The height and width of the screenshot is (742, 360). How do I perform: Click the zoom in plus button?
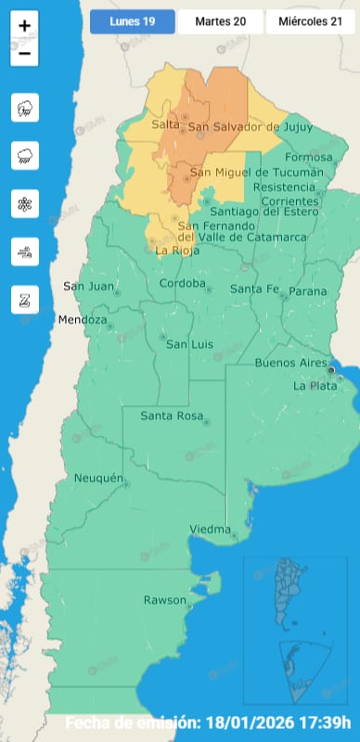coord(24,26)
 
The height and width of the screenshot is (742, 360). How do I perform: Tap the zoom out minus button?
coord(24,54)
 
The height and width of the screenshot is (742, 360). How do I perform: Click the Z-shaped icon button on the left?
coord(24,300)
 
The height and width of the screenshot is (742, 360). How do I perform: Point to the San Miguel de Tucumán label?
coord(257,173)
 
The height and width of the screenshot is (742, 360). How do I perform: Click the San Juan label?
coord(88,286)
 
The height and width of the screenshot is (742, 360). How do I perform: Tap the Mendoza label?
coord(83,320)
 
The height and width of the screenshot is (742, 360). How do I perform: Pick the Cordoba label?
coord(182,283)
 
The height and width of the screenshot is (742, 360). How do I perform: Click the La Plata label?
coord(311,385)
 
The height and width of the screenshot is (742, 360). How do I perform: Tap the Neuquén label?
coord(98,478)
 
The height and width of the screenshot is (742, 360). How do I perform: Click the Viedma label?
coord(209,529)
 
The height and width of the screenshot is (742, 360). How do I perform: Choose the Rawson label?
coord(164,600)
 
